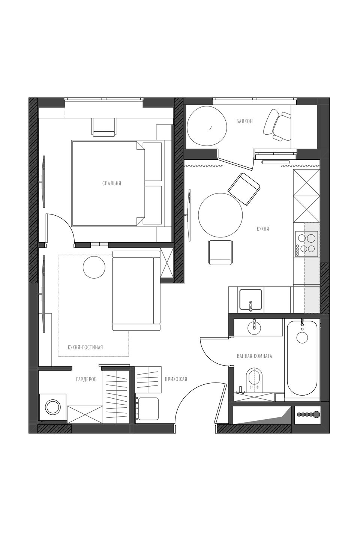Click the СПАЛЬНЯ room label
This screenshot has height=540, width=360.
coord(112,183)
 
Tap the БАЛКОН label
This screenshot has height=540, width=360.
coord(244,121)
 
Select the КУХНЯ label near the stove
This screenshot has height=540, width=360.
coord(263,229)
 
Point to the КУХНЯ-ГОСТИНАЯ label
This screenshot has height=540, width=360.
coord(85,347)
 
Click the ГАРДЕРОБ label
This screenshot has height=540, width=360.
coord(86,379)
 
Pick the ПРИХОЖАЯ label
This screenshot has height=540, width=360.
coord(176,379)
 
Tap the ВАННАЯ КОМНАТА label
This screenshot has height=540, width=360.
coord(254,356)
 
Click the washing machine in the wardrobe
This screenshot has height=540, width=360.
coord(52,407)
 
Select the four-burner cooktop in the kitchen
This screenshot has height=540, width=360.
coord(306,243)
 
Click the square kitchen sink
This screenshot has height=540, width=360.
coord(251,299)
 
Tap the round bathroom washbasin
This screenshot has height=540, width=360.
coord(254,327)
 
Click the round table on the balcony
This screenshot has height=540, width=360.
coord(207,126)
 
